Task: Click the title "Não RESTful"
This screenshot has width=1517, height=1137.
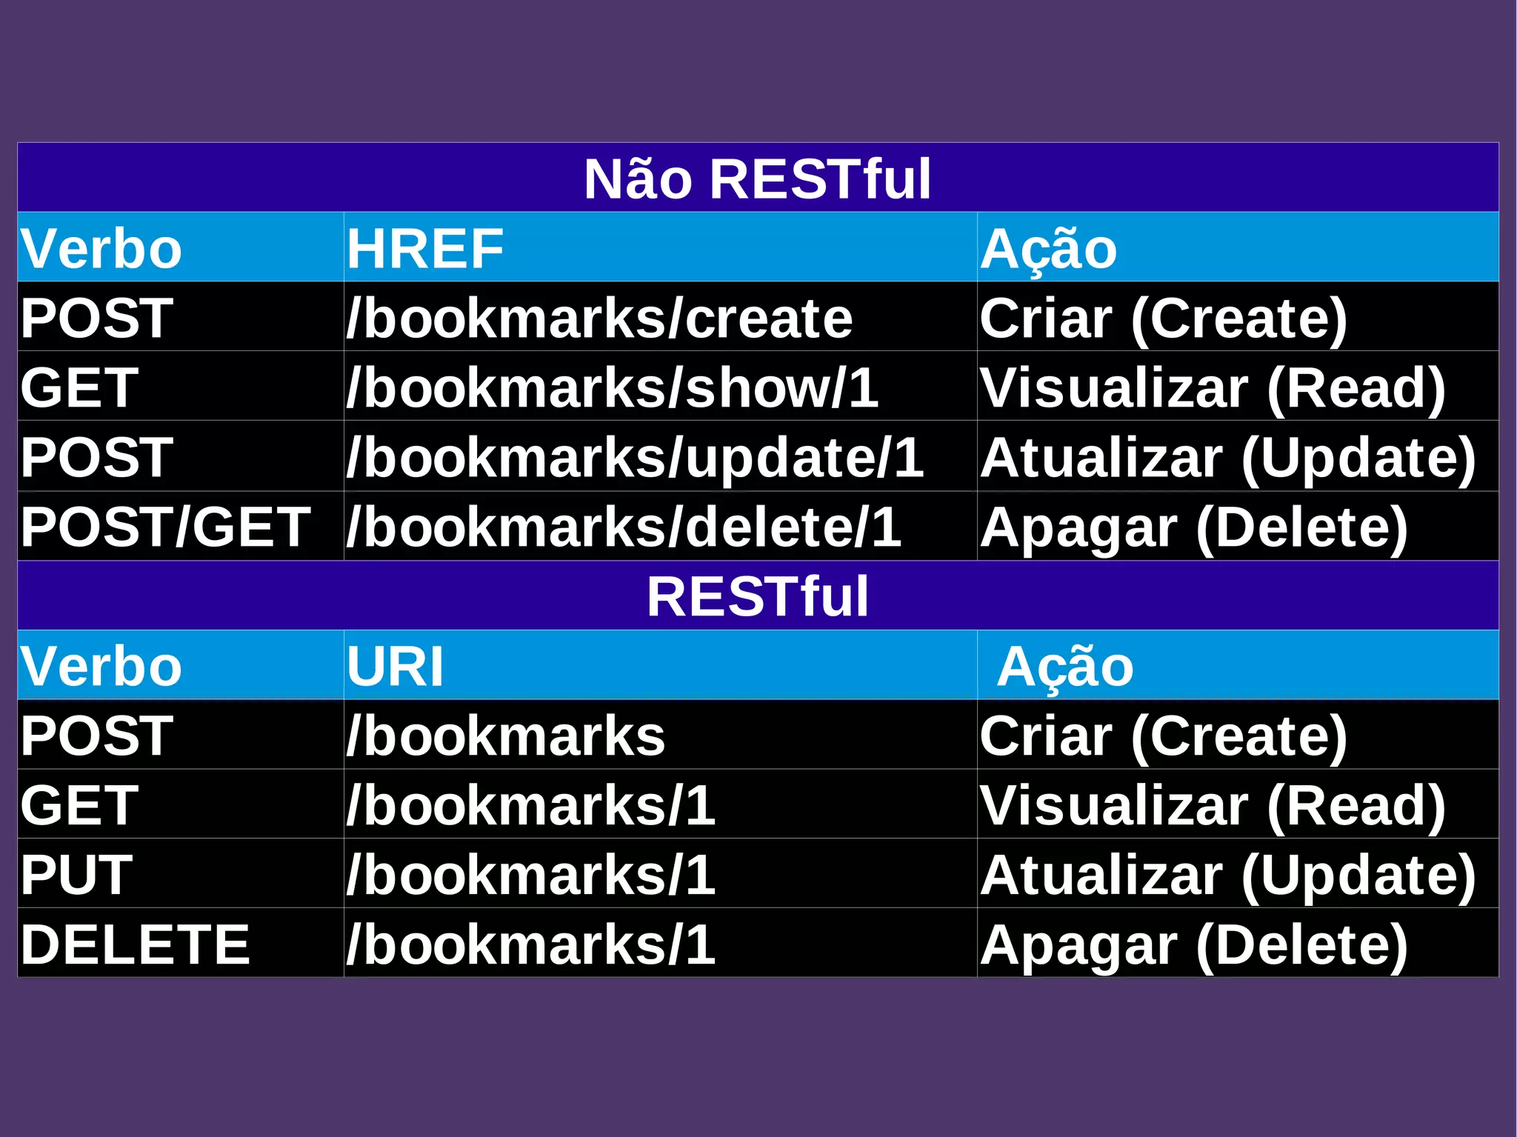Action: (757, 179)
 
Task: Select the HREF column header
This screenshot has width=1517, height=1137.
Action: (425, 248)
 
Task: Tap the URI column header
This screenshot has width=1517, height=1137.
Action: (395, 666)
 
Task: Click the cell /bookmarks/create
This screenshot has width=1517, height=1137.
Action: (599, 319)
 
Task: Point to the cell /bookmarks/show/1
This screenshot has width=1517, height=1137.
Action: (612, 388)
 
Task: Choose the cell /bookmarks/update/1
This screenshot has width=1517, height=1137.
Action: (635, 458)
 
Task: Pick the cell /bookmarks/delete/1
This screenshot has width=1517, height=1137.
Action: (624, 527)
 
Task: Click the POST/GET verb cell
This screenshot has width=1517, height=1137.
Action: (165, 527)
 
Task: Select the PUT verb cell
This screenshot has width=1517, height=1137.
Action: (76, 875)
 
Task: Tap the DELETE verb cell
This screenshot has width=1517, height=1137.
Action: (135, 944)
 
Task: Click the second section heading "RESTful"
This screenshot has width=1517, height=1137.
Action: (757, 596)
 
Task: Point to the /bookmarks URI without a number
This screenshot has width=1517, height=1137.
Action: (506, 736)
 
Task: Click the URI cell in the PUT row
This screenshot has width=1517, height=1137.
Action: (530, 875)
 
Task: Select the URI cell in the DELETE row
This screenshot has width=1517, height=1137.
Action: (530, 944)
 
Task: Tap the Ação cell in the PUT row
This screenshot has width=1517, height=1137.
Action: (1227, 875)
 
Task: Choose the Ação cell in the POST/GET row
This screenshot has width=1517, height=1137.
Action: (1193, 527)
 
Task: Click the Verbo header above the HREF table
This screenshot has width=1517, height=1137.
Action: (101, 248)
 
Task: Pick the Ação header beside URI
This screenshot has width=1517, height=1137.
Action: (1064, 666)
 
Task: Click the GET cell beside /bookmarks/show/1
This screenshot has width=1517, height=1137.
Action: (79, 388)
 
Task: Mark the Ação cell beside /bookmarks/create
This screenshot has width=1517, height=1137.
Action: (1163, 319)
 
